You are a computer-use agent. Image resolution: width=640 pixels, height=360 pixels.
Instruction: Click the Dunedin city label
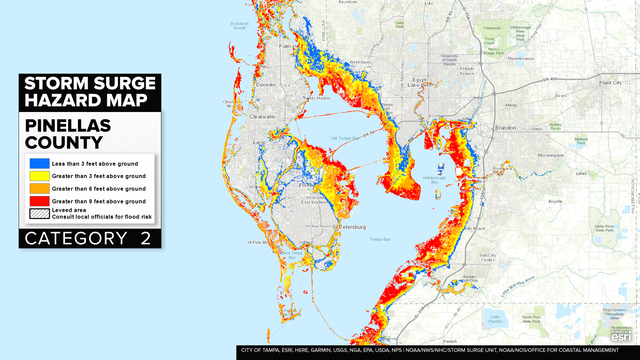265,85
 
